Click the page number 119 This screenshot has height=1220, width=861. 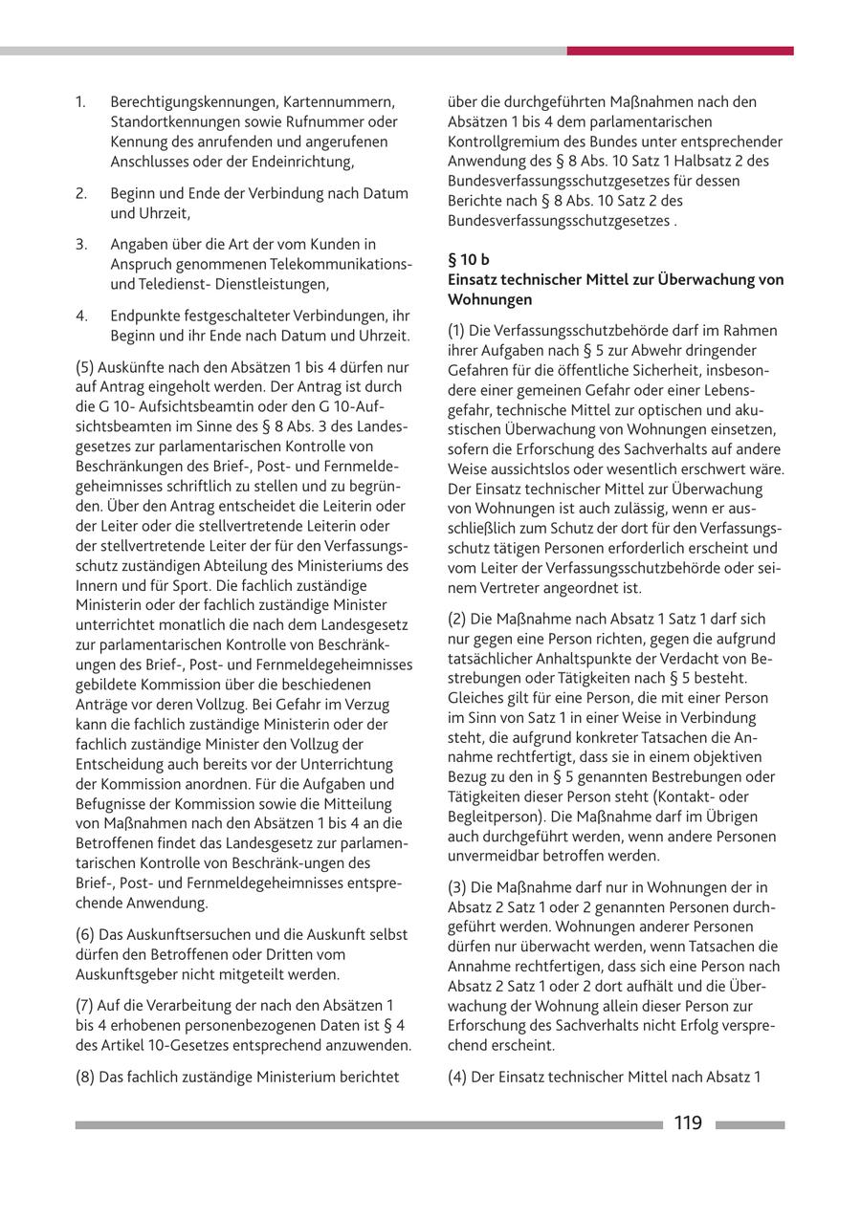click(x=688, y=1123)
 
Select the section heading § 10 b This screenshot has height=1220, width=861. click(x=468, y=259)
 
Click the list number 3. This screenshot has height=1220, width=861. click(x=81, y=244)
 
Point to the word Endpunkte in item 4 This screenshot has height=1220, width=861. click(x=142, y=315)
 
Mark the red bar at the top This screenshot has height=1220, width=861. click(x=679, y=51)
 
